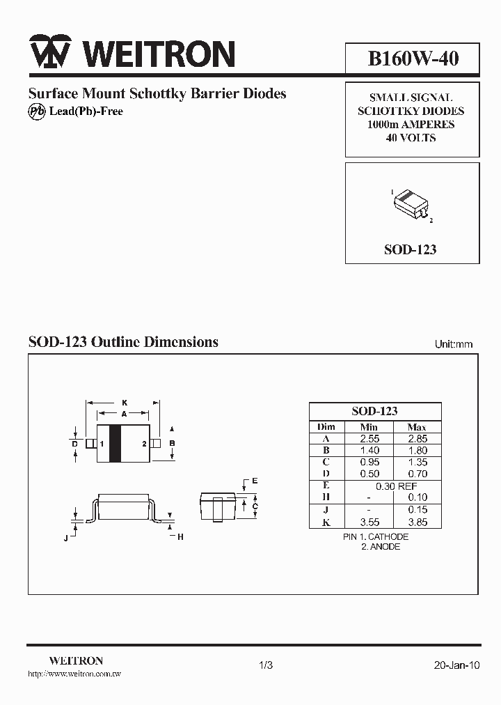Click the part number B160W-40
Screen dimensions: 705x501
413,58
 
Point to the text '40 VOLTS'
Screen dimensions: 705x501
411,138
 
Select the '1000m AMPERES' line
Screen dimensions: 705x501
411,125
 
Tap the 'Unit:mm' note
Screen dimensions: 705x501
454,344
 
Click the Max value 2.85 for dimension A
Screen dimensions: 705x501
417,439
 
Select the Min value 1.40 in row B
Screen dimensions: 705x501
369,451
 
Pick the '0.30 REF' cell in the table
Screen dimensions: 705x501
392,486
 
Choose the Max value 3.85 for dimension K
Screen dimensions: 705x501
417,522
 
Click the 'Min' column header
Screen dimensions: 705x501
369,427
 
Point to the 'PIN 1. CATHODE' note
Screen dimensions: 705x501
376,537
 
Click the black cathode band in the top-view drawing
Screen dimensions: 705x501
116,443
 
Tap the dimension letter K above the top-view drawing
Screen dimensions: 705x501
125,403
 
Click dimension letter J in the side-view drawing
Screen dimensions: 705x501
66,536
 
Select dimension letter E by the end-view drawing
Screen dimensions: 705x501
255,481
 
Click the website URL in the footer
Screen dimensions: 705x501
74,674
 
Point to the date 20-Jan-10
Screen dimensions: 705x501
456,665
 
